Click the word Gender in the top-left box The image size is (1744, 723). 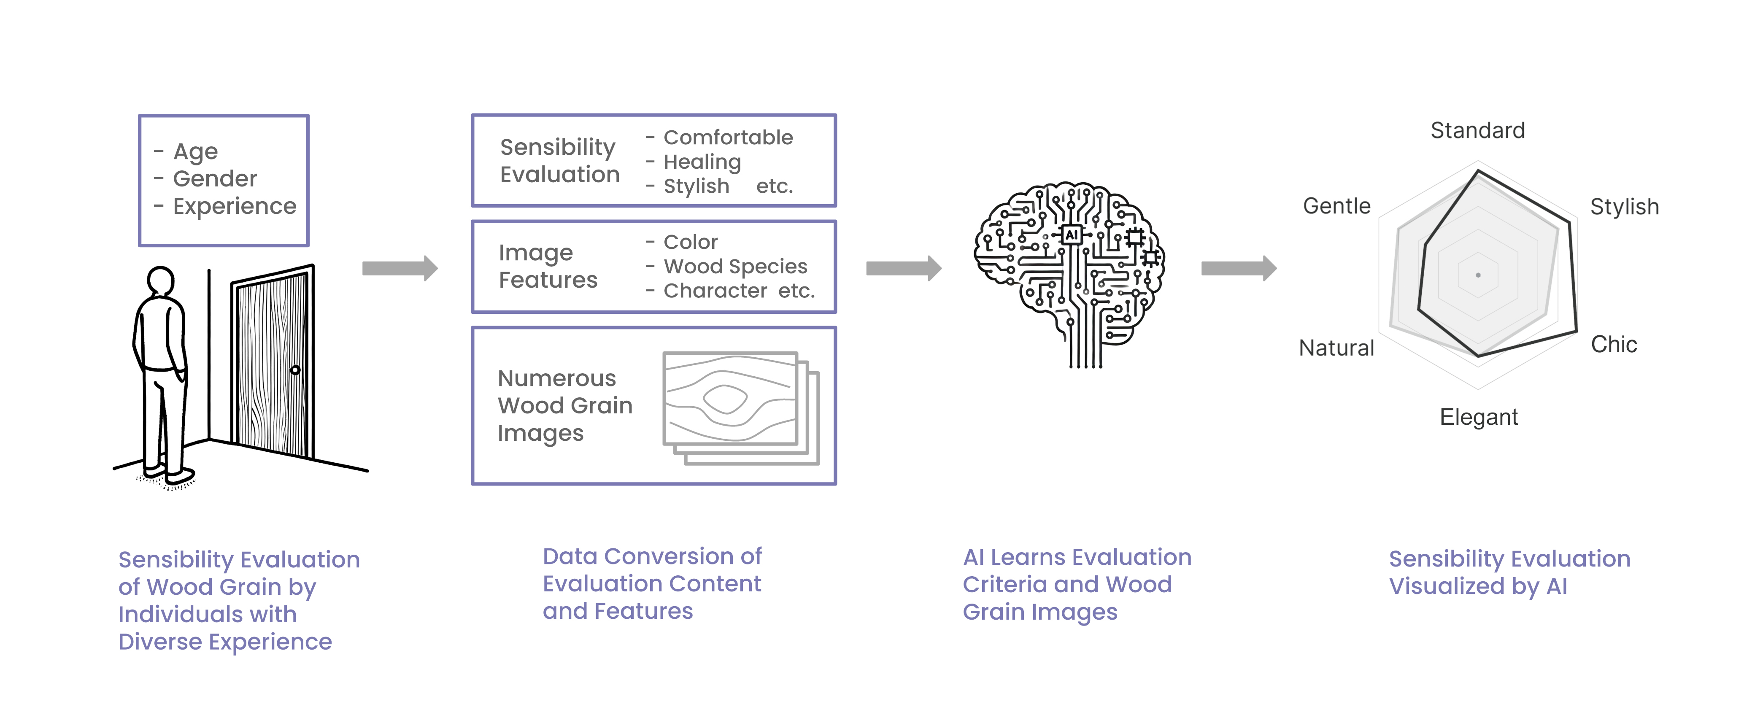tap(215, 179)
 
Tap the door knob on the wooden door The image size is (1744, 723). tap(295, 370)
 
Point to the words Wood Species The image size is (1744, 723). tap(735, 266)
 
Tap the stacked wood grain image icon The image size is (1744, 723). tap(740, 407)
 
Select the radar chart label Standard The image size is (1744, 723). tap(1477, 130)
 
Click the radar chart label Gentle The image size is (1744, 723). tap(1336, 206)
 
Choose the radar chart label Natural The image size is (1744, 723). tap(1336, 348)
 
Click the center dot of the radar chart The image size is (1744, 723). tap(1478, 275)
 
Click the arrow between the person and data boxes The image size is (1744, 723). tap(400, 268)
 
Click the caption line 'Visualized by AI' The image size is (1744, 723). tap(1478, 586)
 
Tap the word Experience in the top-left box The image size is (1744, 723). tap(234, 206)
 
